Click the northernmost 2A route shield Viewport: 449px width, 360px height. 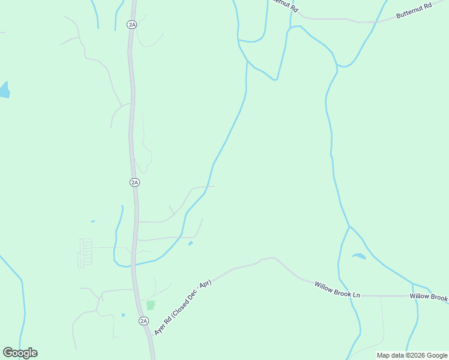click(x=132, y=24)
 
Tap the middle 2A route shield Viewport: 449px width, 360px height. click(x=134, y=182)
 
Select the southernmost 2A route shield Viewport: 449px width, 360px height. click(x=144, y=321)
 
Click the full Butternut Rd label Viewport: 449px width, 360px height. click(x=414, y=13)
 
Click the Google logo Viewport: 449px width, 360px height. click(x=20, y=353)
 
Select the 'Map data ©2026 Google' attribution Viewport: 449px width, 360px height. click(x=412, y=355)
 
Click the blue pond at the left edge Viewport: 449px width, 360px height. click(x=4, y=90)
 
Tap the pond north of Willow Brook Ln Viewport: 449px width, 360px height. click(x=358, y=256)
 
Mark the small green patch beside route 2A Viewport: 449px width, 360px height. click(x=150, y=305)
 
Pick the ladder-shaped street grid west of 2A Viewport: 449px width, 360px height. click(x=86, y=253)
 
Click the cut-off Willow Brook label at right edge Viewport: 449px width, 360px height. click(x=429, y=297)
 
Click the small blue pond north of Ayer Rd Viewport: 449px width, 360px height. click(x=191, y=243)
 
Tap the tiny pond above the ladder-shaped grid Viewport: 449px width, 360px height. click(x=93, y=221)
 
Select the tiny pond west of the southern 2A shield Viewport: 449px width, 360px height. click(x=123, y=315)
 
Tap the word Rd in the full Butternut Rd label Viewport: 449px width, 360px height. click(x=427, y=7)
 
